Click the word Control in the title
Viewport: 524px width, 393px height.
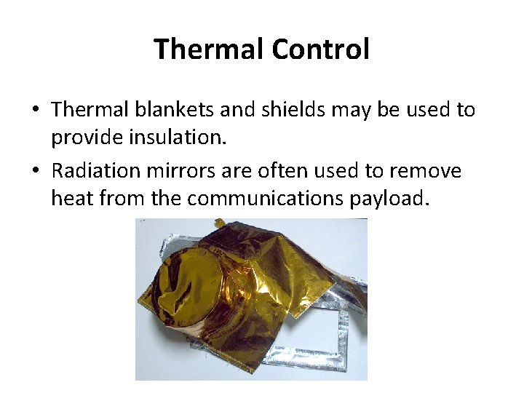(x=320, y=49)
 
